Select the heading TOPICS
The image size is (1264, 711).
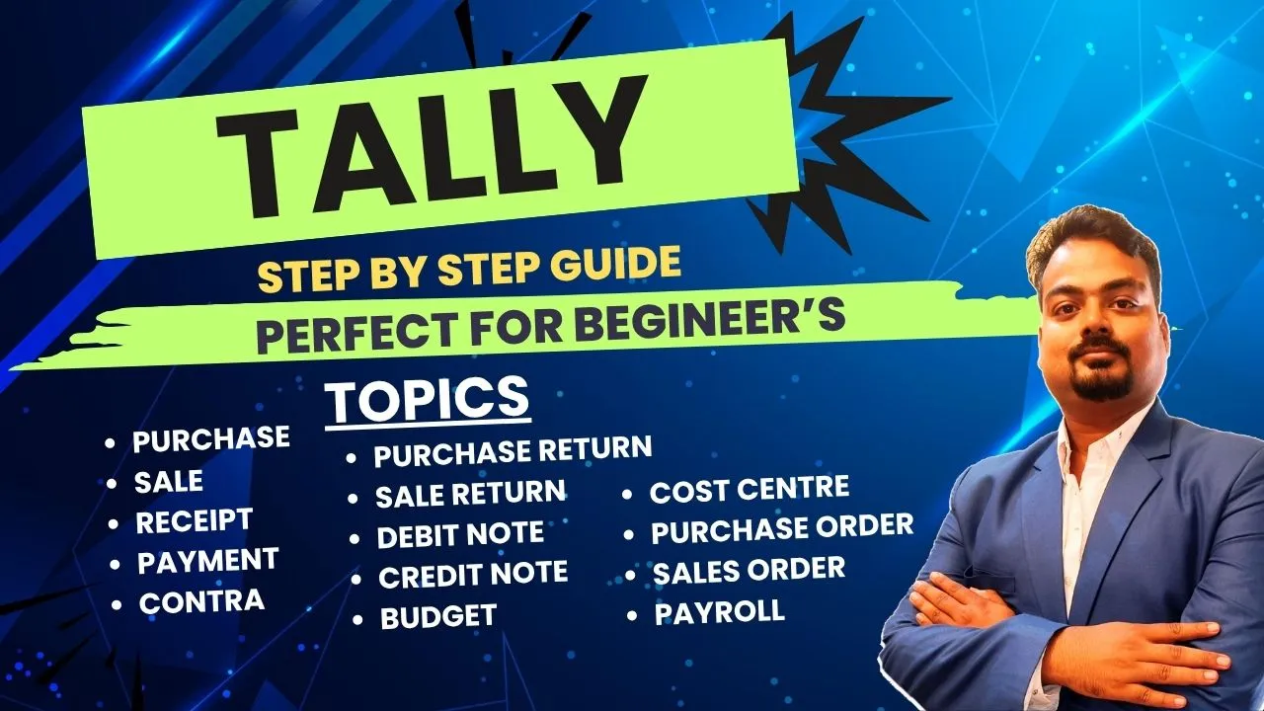coord(427,400)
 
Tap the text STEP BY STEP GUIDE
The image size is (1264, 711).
coord(469,269)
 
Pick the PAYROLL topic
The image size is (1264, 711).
coord(719,612)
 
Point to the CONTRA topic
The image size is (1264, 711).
coord(201,601)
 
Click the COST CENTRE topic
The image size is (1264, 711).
coord(749,489)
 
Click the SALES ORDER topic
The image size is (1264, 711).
coord(749,570)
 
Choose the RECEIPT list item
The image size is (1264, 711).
coord(195,521)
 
